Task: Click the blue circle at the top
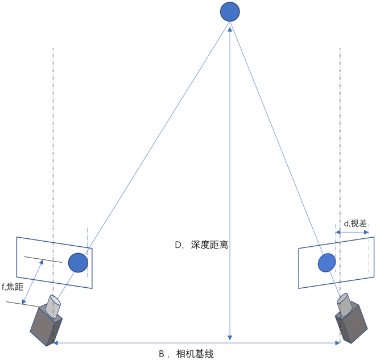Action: pos(230,11)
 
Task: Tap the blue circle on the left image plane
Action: pos(78,263)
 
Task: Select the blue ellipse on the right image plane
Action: pos(327,263)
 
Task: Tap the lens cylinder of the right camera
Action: pos(345,304)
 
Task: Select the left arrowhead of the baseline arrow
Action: pos(56,343)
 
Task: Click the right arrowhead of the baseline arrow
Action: pos(337,343)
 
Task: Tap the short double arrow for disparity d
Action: pos(352,232)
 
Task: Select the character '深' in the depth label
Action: pos(196,245)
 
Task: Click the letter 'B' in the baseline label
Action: pos(162,354)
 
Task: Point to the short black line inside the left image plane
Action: pos(43,260)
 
